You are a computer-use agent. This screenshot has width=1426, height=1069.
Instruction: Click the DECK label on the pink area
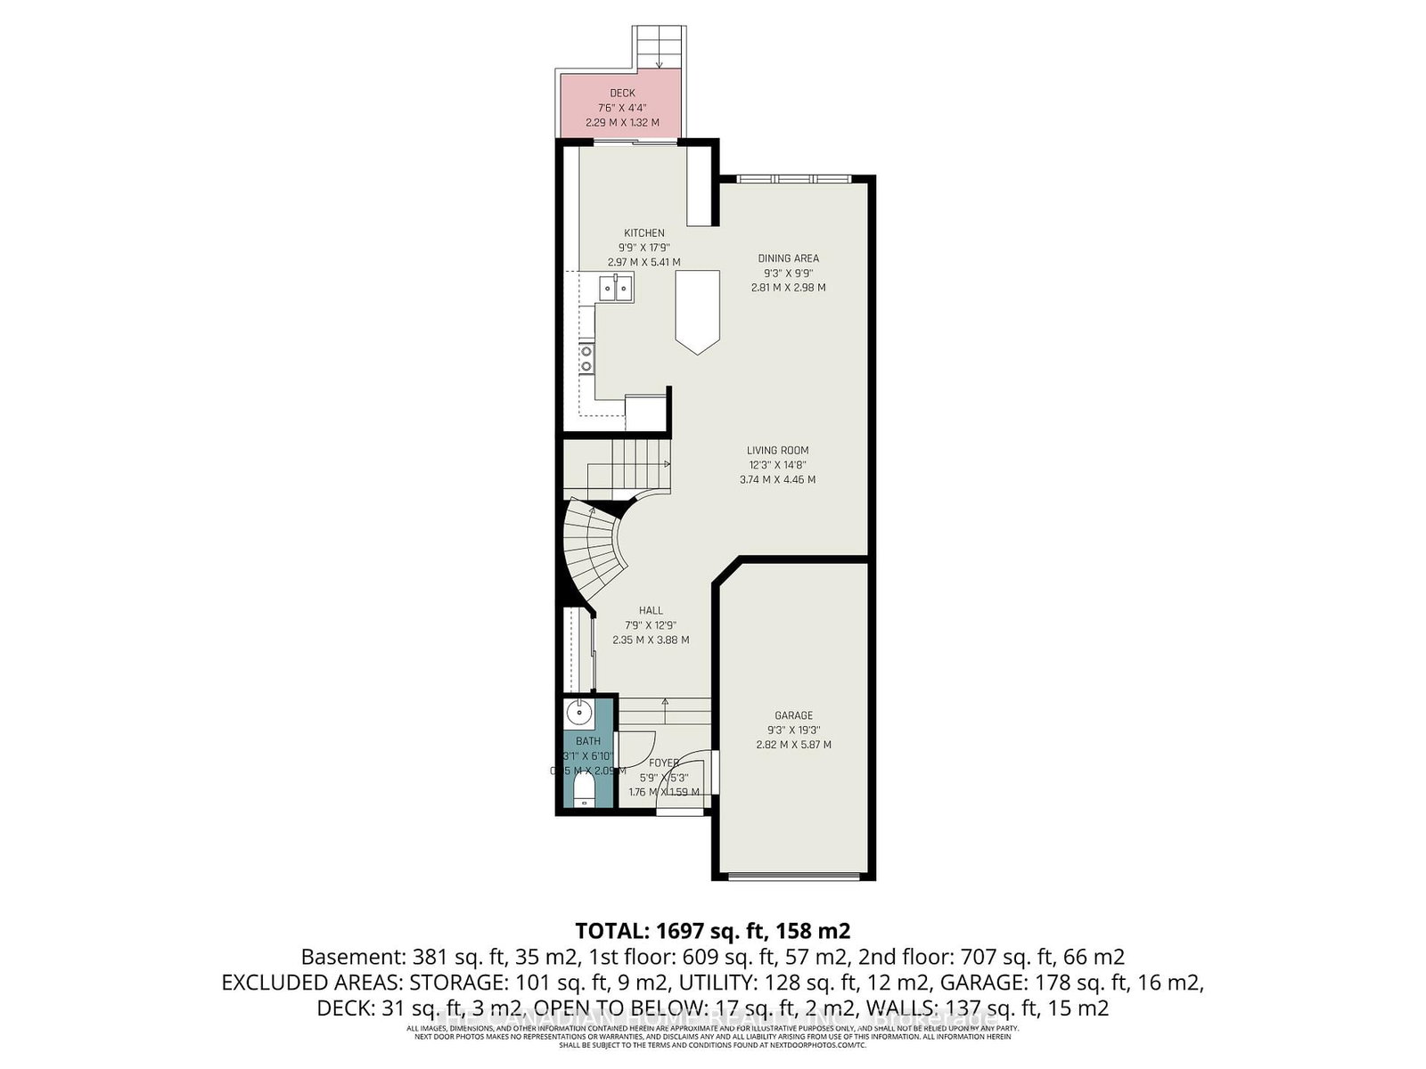pyautogui.click(x=622, y=93)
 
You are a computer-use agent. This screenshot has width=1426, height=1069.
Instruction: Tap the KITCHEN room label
pyautogui.click(x=643, y=233)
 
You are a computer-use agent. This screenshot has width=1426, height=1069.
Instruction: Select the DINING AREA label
pyautogui.click(x=788, y=258)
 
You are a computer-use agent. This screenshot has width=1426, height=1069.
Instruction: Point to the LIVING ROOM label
pyautogui.click(x=778, y=451)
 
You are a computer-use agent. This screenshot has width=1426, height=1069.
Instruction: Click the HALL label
pyautogui.click(x=651, y=611)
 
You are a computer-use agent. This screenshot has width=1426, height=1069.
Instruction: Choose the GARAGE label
pyautogui.click(x=793, y=715)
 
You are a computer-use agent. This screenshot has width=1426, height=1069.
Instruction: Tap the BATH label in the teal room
pyautogui.click(x=587, y=741)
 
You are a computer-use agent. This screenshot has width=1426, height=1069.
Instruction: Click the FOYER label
pyautogui.click(x=664, y=763)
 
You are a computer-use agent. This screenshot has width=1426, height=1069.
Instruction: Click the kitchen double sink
pyautogui.click(x=615, y=288)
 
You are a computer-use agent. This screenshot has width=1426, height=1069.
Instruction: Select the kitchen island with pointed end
pyautogui.click(x=697, y=312)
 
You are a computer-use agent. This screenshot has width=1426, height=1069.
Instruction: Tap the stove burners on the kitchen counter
pyautogui.click(x=586, y=358)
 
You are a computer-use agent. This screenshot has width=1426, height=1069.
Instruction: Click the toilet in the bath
pyautogui.click(x=585, y=788)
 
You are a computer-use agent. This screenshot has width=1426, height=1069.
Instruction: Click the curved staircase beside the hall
pyautogui.click(x=592, y=552)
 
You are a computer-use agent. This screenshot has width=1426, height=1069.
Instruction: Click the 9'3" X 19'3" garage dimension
pyautogui.click(x=793, y=730)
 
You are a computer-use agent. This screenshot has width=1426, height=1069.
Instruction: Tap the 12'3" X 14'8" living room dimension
pyautogui.click(x=778, y=465)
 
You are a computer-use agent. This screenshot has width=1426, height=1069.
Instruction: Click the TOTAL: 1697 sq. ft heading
pyautogui.click(x=712, y=932)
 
